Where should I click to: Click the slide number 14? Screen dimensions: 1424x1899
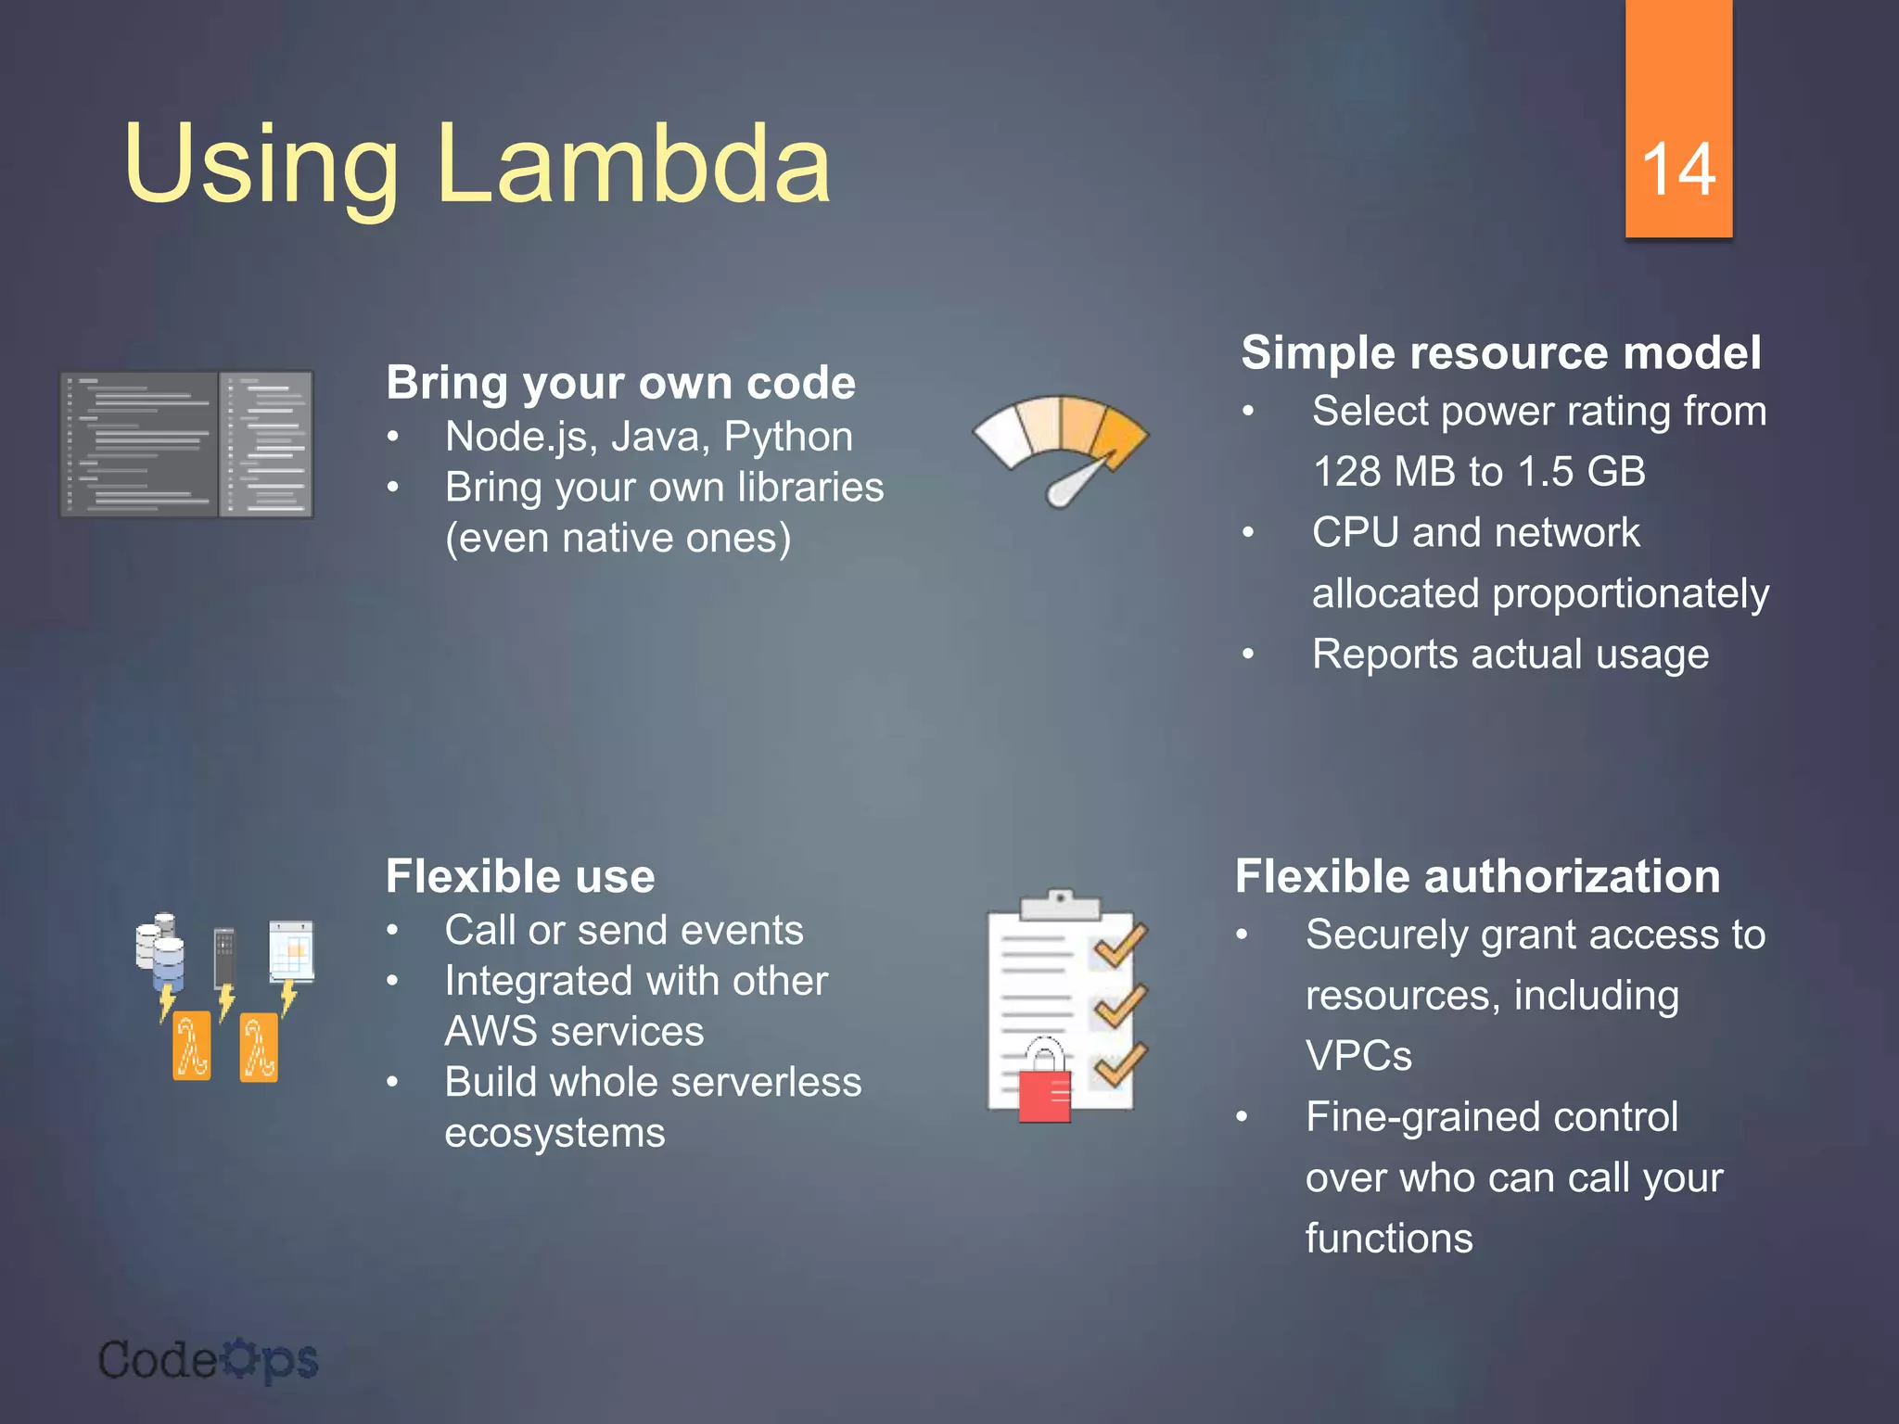pyautogui.click(x=1678, y=170)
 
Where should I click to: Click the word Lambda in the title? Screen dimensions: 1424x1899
pyautogui.click(x=633, y=164)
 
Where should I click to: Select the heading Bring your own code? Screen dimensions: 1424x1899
pyautogui.click(x=620, y=383)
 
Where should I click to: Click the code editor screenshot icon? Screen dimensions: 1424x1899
pyautogui.click(x=186, y=444)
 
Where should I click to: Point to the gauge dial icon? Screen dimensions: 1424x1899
pyautogui.click(x=1061, y=450)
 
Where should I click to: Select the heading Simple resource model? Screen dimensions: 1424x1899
pyautogui.click(x=1500, y=353)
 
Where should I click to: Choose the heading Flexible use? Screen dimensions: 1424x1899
pyautogui.click(x=520, y=876)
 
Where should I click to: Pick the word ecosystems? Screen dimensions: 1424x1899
pyautogui.click(x=554, y=1133)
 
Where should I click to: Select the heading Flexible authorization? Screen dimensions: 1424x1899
pyautogui.click(x=1477, y=876)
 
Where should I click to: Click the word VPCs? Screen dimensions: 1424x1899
pyautogui.click(x=1358, y=1056)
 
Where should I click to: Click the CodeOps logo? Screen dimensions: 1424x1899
pyautogui.click(x=209, y=1361)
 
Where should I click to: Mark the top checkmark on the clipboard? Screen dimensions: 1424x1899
pyautogui.click(x=1120, y=946)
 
